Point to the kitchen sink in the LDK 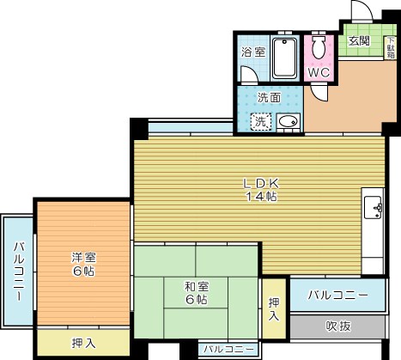click(x=374, y=207)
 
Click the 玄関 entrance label click(x=358, y=40)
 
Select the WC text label click(x=319, y=72)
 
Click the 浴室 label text click(x=253, y=51)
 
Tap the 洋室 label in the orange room click(x=82, y=256)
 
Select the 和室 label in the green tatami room click(x=195, y=286)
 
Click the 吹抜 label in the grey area click(x=338, y=327)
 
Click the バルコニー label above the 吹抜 click(x=338, y=296)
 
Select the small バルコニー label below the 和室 click(x=228, y=351)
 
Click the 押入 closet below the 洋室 click(x=82, y=344)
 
